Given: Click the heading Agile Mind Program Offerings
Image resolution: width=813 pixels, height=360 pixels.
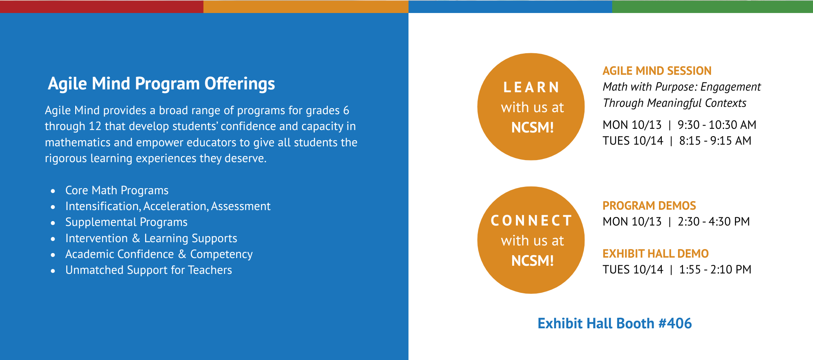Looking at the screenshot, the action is click(x=161, y=84).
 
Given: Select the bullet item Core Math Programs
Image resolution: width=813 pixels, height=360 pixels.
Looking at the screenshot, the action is click(x=117, y=190).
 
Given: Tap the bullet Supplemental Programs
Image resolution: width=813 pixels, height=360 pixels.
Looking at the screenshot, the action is click(x=126, y=222).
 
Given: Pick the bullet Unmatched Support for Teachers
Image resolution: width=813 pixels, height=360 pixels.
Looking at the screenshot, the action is click(x=149, y=270).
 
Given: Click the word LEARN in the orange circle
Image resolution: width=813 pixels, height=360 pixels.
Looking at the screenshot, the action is click(x=532, y=87).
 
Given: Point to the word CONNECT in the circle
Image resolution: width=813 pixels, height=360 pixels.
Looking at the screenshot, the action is click(x=532, y=221).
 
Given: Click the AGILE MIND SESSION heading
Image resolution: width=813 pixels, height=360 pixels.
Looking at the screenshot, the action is click(x=657, y=71).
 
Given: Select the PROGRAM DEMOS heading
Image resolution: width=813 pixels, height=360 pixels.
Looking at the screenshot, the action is click(x=649, y=206).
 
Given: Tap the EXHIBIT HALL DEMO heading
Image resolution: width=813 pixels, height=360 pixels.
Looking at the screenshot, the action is click(x=655, y=254).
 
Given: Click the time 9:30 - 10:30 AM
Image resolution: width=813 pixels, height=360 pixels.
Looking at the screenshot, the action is click(x=717, y=125).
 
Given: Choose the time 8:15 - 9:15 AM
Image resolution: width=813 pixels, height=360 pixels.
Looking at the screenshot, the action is click(x=715, y=141).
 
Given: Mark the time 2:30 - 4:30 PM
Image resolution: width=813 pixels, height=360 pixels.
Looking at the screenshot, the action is click(x=714, y=221).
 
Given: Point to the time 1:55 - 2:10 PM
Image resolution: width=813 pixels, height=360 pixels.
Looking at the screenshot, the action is click(x=715, y=269).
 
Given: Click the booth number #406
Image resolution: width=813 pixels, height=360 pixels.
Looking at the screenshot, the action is click(x=675, y=323).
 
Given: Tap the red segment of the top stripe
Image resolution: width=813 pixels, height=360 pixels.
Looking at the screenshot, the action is click(x=102, y=7).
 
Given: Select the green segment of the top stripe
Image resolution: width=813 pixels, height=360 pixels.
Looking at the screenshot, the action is click(x=713, y=7).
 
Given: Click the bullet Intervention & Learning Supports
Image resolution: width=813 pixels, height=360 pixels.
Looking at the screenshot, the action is click(x=151, y=238).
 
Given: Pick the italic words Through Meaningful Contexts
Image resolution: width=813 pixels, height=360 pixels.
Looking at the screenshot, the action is click(x=674, y=103).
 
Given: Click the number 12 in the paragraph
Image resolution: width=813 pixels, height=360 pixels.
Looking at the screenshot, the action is click(x=95, y=126).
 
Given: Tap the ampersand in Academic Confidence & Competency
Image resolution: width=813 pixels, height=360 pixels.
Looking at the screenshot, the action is click(x=182, y=254).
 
